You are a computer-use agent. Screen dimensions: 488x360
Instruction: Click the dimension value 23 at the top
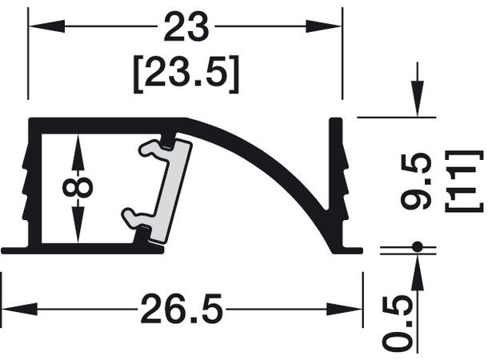tap(186, 26)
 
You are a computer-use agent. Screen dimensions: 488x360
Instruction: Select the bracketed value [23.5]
tap(186, 74)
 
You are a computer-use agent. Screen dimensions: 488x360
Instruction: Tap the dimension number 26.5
tap(182, 309)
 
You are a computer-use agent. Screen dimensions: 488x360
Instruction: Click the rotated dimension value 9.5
tap(417, 181)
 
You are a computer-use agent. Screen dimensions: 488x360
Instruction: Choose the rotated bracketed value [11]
tap(464, 181)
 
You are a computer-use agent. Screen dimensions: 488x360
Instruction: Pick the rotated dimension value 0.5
tap(398, 324)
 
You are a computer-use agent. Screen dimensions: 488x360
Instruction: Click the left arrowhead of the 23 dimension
tap(46, 26)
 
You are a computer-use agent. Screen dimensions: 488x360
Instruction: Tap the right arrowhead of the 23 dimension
tap(324, 26)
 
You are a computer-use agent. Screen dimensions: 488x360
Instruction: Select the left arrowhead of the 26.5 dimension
tap(19, 310)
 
